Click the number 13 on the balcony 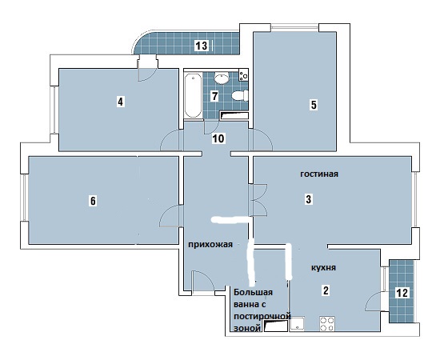click(202, 45)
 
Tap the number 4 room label click(120, 102)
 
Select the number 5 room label click(314, 105)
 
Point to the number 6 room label click(93, 201)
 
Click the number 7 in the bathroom click(214, 96)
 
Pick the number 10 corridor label click(218, 138)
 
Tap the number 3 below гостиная click(309, 199)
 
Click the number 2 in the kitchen click(326, 290)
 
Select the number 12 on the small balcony click(402, 293)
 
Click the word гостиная click(319, 174)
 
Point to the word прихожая click(210, 245)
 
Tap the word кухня click(323, 268)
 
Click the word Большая click(254, 292)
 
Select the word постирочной click(262, 316)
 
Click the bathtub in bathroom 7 click(193, 95)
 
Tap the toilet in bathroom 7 click(240, 95)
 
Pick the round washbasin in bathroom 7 click(222, 78)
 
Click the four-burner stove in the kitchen click(327, 324)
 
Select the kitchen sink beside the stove click(298, 324)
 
